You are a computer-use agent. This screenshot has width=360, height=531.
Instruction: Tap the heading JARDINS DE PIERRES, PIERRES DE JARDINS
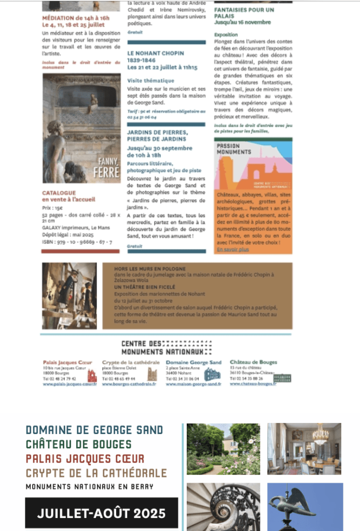coord(157,135)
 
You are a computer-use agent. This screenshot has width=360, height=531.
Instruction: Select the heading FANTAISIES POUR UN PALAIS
coord(244,13)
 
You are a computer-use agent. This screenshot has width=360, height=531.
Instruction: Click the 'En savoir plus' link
coord(232,250)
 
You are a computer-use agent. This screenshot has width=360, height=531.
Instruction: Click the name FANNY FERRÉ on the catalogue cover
coord(106,170)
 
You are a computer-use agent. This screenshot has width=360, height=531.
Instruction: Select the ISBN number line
coord(77,242)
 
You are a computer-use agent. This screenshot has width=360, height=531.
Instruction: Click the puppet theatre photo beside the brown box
coord(69,296)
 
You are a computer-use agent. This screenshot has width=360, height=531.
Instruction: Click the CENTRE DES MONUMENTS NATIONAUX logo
coord(166,348)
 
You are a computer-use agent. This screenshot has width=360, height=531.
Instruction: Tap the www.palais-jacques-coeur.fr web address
coord(70,384)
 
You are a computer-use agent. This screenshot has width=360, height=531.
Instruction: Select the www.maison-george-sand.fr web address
coord(193,384)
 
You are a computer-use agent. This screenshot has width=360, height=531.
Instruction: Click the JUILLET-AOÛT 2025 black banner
coord(101,513)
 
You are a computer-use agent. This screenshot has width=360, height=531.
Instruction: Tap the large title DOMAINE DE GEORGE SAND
coord(94,430)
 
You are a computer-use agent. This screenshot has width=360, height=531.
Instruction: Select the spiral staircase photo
coord(223,507)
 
